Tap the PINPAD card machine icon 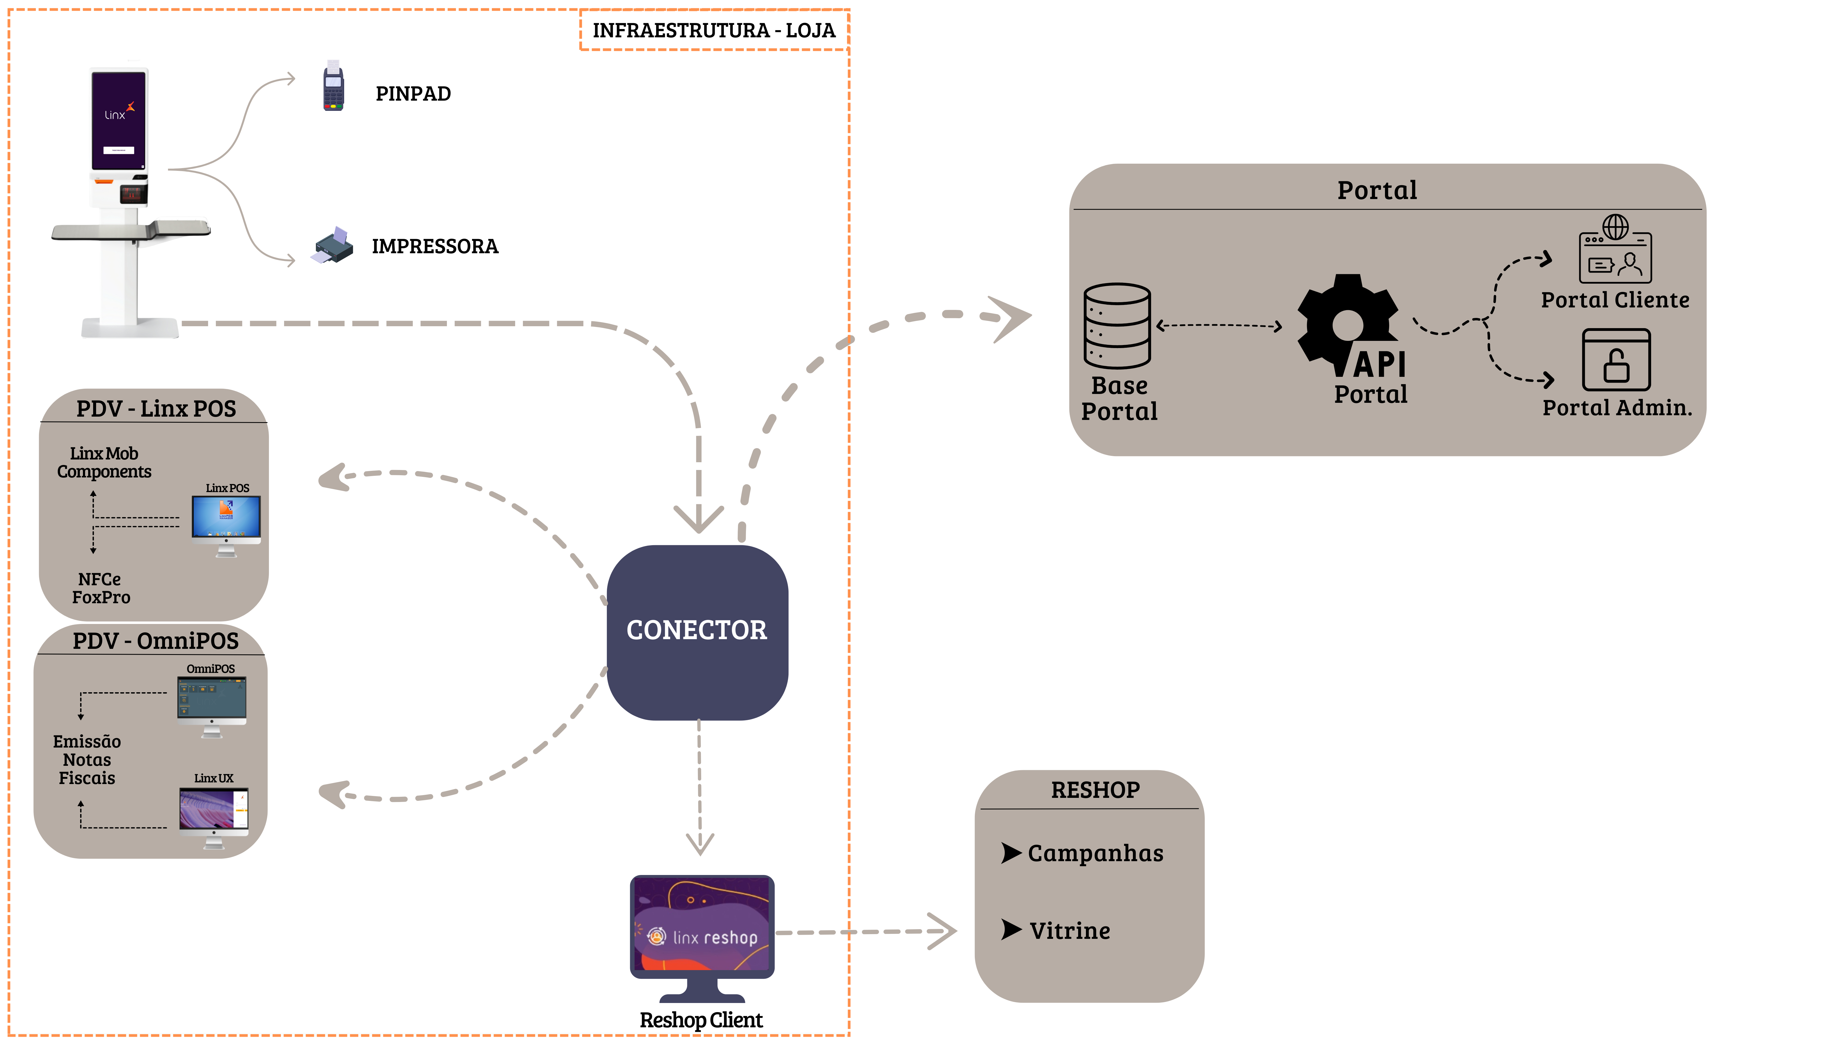coord(333,86)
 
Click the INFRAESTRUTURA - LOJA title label coord(714,30)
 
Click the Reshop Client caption coord(701,1020)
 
